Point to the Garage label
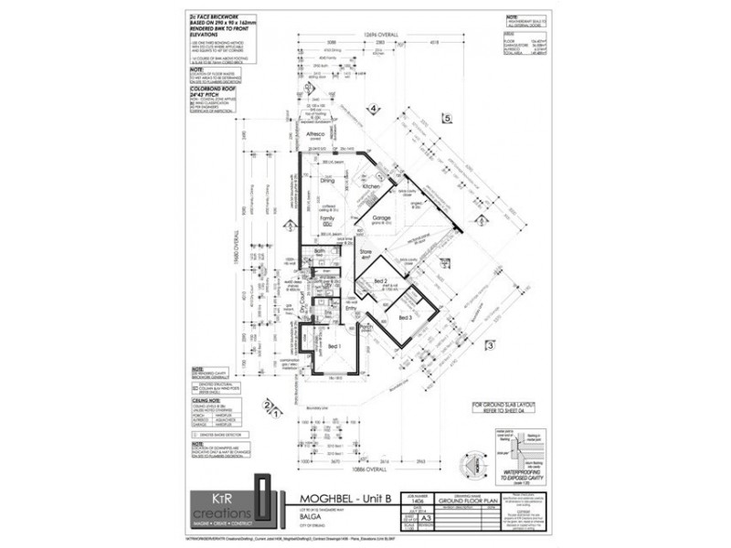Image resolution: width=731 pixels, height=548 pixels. coord(382,219)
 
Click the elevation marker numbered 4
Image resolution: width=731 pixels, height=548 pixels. coord(374,110)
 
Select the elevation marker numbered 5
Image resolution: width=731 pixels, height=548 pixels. coord(448,119)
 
